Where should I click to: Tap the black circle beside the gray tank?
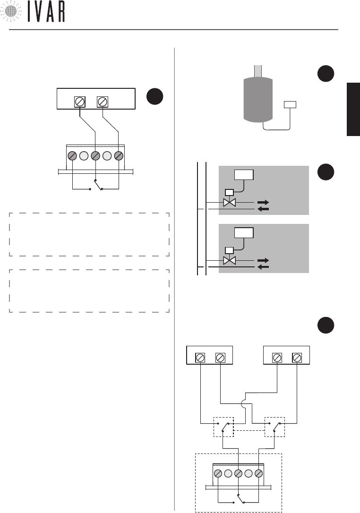point(326,75)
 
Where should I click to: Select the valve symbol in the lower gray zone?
point(229,260)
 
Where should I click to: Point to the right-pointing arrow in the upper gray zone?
point(263,203)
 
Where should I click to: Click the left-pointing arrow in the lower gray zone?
point(263,268)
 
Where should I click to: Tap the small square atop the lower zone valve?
point(229,250)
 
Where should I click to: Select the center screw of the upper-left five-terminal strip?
point(95,155)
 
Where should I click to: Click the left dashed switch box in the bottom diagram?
point(223,427)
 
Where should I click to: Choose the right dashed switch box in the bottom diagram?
point(274,427)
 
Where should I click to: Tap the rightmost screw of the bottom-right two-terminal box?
point(297,358)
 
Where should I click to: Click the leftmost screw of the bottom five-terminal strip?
point(218,473)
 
